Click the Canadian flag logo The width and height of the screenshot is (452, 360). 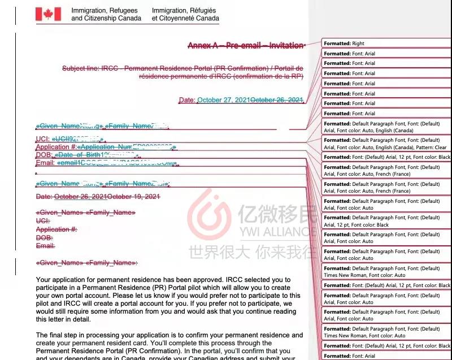(x=48, y=14)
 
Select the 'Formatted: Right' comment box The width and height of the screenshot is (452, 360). (x=386, y=44)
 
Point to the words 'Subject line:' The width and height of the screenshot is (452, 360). (x=80, y=68)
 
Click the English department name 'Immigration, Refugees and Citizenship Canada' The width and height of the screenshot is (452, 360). (x=106, y=14)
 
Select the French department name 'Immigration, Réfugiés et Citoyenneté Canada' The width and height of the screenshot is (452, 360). (x=185, y=14)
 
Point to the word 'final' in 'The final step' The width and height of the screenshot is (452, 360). (x=60, y=335)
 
